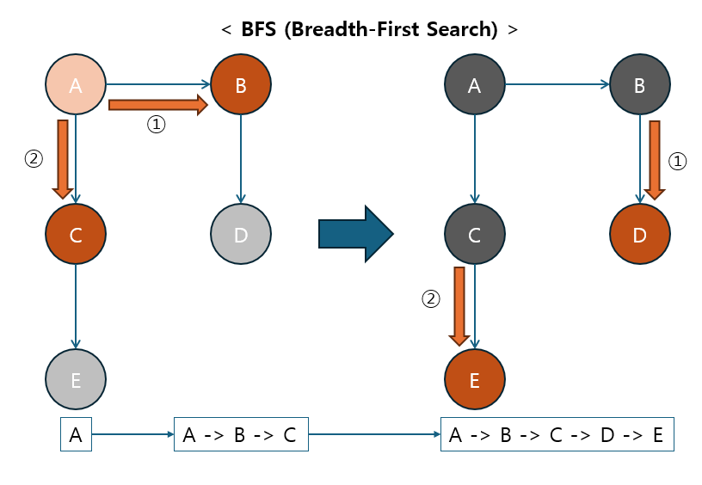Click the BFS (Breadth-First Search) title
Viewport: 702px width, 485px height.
(x=370, y=28)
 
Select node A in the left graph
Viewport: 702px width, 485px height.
(x=76, y=85)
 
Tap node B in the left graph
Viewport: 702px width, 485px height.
(x=241, y=85)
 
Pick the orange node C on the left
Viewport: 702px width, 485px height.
(x=76, y=233)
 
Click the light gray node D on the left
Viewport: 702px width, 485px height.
(x=241, y=233)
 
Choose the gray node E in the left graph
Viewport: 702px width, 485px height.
(x=76, y=379)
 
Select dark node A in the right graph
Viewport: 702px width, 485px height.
(x=475, y=85)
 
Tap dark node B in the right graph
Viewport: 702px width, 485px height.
(x=639, y=85)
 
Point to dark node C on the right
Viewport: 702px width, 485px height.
(x=475, y=233)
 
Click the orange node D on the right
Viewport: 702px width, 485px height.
(x=639, y=233)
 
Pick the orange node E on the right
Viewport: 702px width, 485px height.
(x=475, y=379)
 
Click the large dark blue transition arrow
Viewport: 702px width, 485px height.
(x=355, y=233)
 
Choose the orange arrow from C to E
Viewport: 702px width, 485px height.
(x=459, y=306)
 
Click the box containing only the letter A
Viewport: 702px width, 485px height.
(x=76, y=435)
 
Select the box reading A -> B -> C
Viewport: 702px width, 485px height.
(x=240, y=435)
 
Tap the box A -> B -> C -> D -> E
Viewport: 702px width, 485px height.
(x=557, y=435)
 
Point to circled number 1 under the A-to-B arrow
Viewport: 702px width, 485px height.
(x=156, y=125)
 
